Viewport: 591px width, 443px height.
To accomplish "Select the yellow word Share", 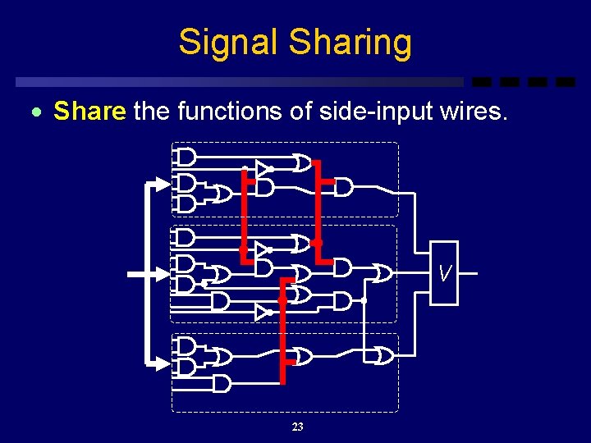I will (89, 111).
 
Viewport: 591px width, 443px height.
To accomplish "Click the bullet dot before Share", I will (42, 112).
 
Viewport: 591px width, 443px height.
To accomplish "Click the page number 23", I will (297, 427).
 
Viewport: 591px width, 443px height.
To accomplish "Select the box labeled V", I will (444, 273).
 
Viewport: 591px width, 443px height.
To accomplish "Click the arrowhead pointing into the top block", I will (163, 184).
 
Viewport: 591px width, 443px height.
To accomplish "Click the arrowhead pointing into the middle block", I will (163, 273).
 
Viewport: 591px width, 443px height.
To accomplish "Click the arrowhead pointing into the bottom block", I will (163, 361).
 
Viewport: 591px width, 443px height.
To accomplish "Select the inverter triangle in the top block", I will (262, 169).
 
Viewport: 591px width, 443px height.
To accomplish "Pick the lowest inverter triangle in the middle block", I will (262, 313).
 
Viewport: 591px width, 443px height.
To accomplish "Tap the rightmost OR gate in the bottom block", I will (383, 356).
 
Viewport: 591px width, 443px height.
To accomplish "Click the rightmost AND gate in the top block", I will (343, 188).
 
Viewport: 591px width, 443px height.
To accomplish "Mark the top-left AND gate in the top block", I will (186, 157).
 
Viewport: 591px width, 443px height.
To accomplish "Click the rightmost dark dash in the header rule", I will (565, 82).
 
